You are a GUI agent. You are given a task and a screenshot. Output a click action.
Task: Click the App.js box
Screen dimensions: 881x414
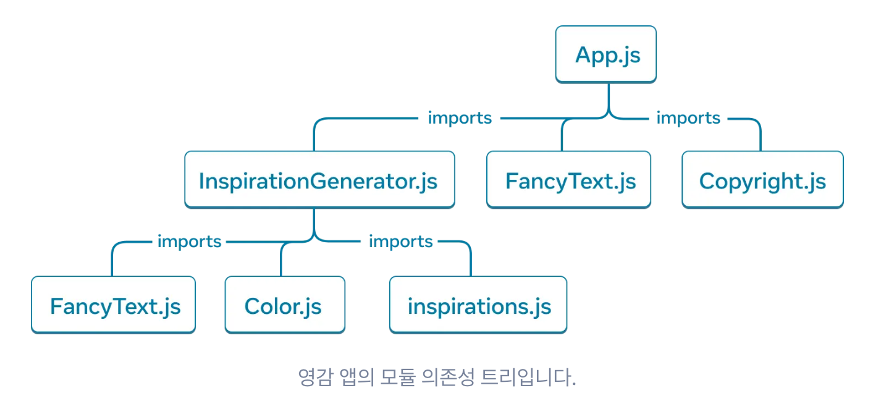(605, 54)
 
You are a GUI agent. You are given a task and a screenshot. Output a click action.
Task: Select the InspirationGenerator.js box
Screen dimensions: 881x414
(319, 180)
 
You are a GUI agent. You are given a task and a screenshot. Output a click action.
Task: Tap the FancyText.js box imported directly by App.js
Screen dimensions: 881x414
(568, 180)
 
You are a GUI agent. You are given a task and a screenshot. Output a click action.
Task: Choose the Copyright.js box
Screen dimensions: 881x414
(762, 180)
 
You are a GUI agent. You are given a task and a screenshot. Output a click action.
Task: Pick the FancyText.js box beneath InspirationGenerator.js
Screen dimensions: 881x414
(113, 305)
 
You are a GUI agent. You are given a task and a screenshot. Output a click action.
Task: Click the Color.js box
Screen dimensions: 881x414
(284, 305)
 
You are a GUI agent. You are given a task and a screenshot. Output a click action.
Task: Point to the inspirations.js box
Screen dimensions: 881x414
(478, 305)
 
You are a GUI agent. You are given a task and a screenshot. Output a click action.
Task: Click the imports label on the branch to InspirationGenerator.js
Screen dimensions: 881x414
(460, 117)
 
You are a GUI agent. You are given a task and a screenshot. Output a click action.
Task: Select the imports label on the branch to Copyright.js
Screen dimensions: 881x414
(688, 117)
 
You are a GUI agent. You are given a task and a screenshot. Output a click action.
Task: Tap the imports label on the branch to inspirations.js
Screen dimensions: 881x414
(400, 241)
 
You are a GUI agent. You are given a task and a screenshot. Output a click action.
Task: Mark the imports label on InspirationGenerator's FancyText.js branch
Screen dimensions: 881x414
(189, 241)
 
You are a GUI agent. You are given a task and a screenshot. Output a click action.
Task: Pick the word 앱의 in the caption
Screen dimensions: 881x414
(355, 376)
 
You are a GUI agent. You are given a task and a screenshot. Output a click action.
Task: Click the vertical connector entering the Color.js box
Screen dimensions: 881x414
(281, 263)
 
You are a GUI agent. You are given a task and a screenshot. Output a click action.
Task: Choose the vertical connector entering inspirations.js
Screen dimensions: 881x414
(471, 263)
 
